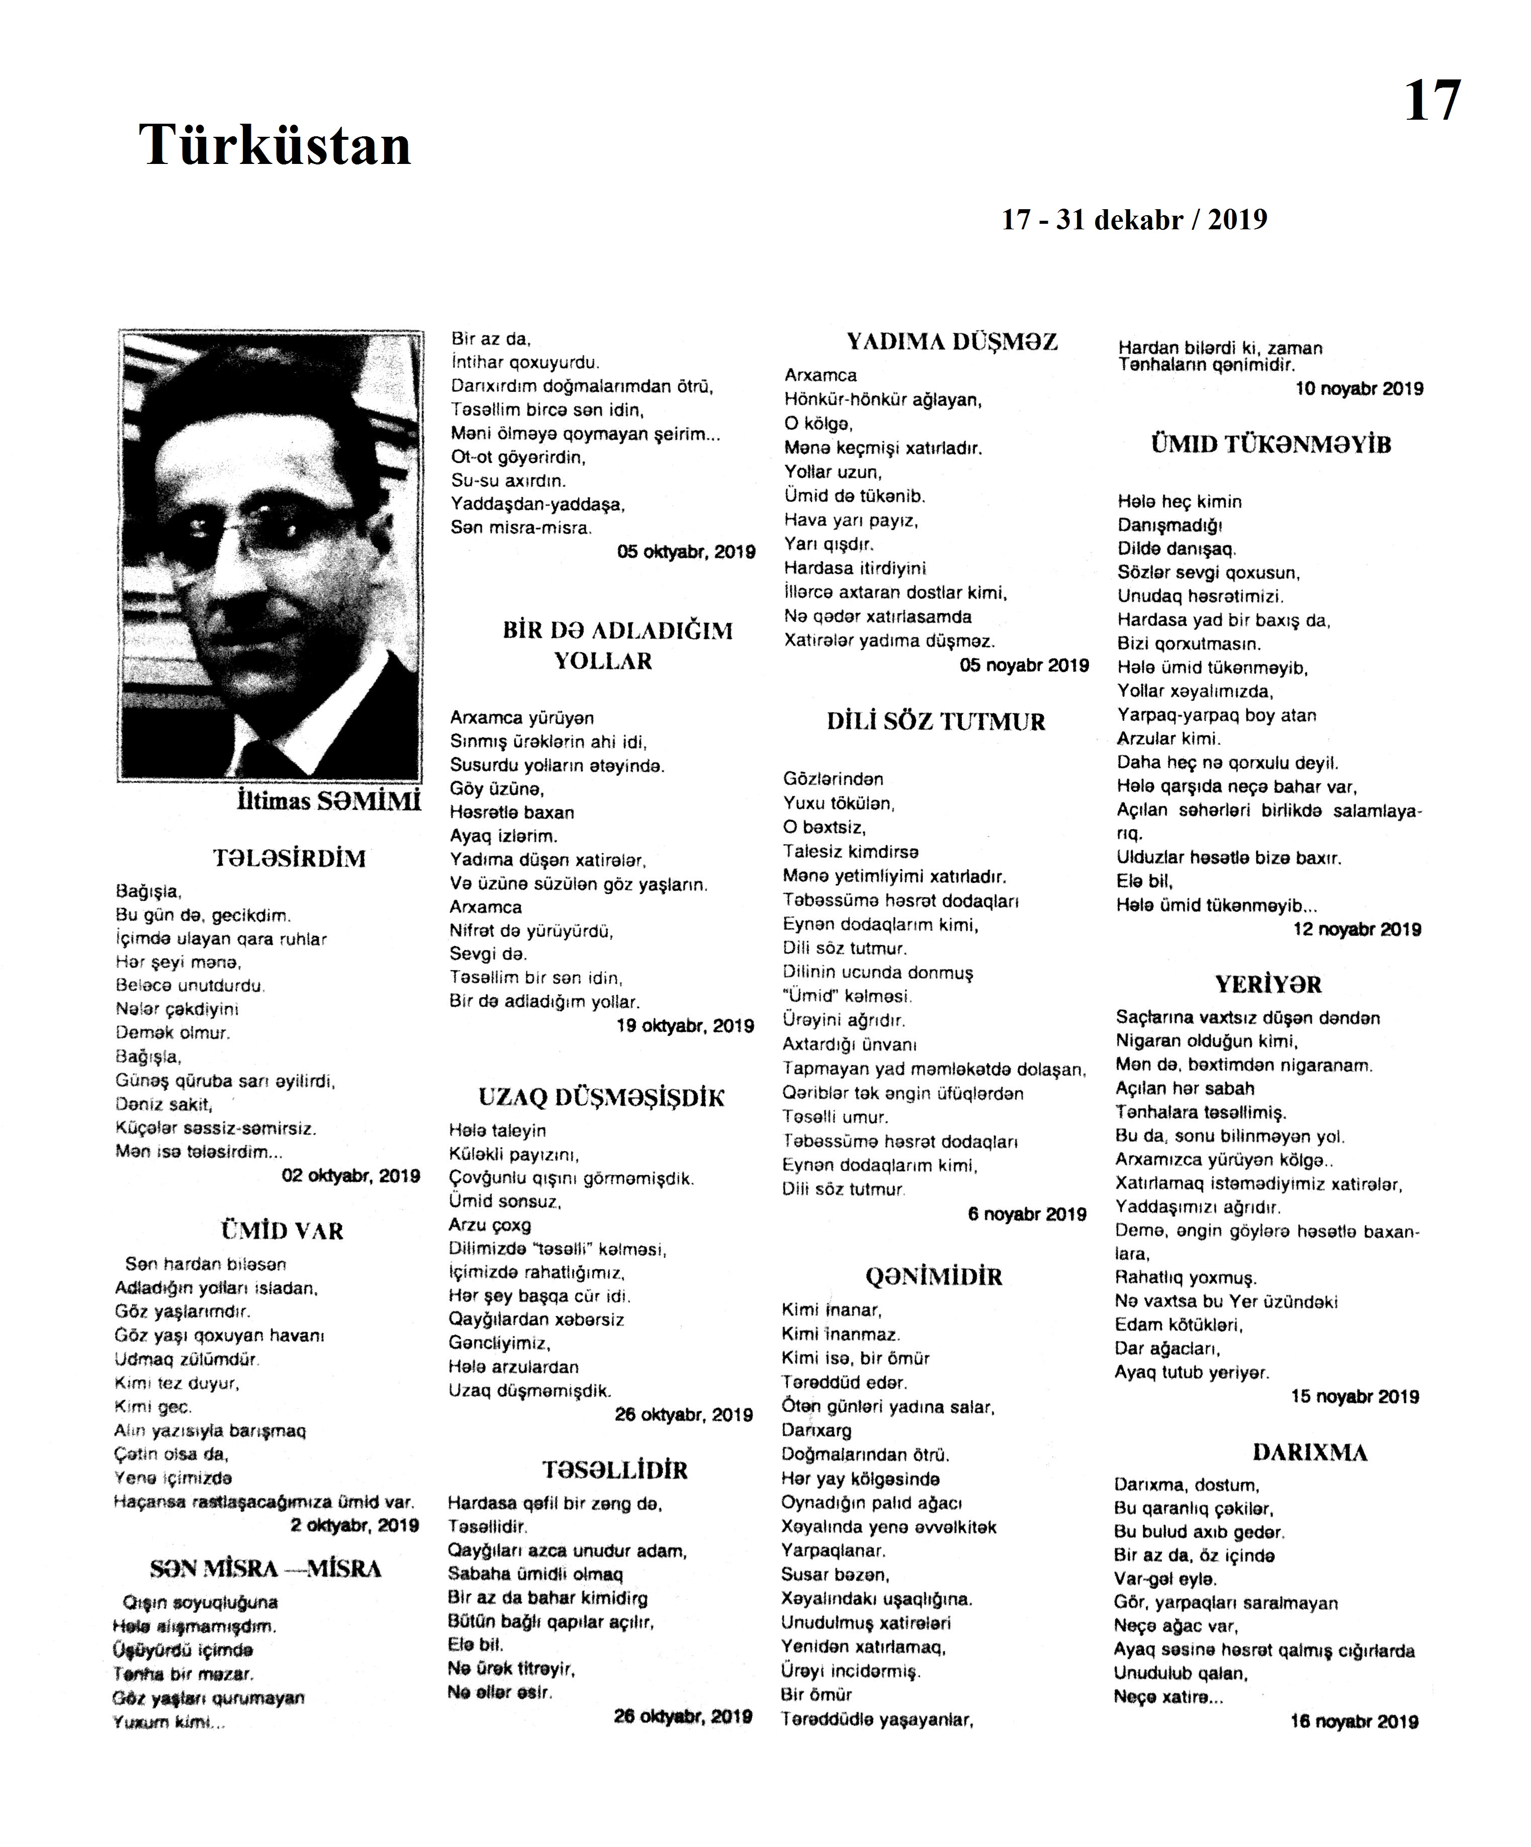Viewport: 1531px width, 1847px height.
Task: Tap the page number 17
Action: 1431,100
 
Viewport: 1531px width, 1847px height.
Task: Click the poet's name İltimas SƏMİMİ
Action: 329,801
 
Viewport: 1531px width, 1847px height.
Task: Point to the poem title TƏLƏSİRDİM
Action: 289,858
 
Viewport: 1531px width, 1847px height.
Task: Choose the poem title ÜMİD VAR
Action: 282,1230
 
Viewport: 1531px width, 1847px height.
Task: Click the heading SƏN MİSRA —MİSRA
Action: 265,1569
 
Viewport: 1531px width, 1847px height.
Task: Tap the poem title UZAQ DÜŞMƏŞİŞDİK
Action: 601,1098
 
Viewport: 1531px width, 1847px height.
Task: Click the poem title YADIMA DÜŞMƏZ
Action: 951,342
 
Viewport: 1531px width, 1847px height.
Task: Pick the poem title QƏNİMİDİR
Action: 933,1276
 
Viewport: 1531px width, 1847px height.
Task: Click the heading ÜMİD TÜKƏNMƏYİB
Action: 1271,445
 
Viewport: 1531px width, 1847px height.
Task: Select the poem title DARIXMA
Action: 1309,1452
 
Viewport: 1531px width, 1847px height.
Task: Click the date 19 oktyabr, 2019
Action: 685,1025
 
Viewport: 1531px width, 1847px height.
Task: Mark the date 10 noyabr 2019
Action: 1359,389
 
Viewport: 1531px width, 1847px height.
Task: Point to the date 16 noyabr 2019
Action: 1354,1722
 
